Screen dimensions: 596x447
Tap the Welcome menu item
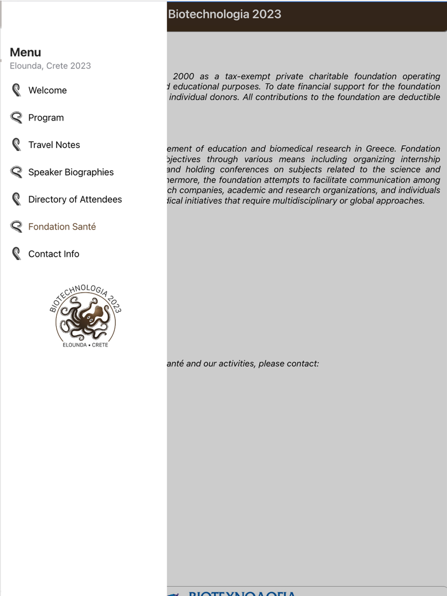(47, 90)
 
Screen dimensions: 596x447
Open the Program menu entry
(46, 118)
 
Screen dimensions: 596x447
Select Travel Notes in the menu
(54, 145)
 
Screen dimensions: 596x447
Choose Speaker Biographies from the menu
(71, 172)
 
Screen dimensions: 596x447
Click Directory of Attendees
(75, 199)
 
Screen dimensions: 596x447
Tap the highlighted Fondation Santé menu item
(62, 227)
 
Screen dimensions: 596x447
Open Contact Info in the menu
(54, 254)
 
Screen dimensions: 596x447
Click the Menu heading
(25, 52)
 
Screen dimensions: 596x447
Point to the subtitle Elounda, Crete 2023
(50, 66)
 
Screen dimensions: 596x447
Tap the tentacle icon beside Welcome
(17, 90)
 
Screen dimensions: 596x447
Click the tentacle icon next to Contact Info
(17, 254)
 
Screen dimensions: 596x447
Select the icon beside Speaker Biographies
(17, 172)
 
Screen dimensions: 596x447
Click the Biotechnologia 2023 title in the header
(224, 14)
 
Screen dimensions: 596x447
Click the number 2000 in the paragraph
(183, 76)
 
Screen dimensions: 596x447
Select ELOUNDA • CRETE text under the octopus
(85, 345)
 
